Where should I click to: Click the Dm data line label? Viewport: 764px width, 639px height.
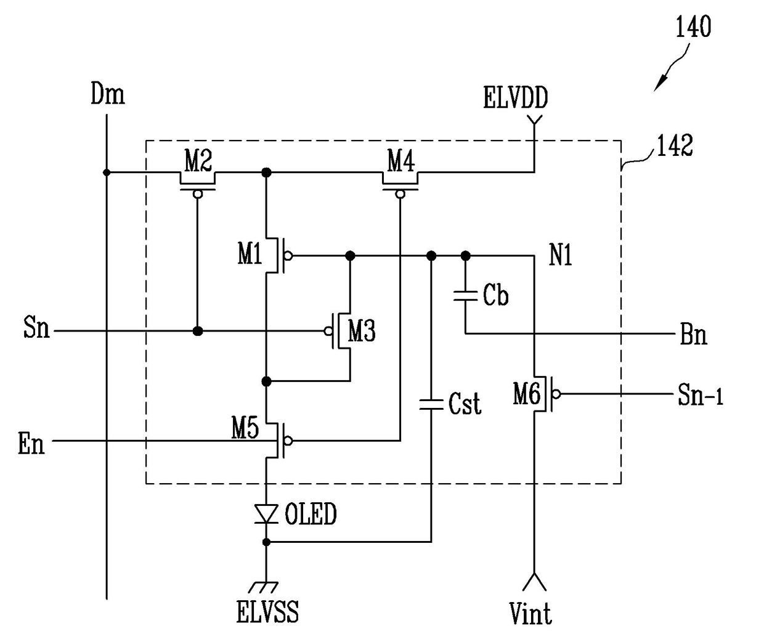[108, 94]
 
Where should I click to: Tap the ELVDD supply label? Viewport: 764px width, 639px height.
[515, 97]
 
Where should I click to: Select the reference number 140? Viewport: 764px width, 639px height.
[693, 26]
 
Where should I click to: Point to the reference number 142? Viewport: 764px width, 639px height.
[675, 145]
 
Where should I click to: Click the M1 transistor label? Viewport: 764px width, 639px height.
[250, 254]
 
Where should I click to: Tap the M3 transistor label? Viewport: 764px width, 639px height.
[362, 331]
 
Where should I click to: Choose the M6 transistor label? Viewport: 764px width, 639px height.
[527, 394]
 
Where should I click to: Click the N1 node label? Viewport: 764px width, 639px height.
[560, 255]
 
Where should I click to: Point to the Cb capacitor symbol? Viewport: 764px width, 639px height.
[465, 296]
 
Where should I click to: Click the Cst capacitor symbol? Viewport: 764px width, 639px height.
[431, 404]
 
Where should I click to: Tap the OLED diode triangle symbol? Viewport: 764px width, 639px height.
[266, 514]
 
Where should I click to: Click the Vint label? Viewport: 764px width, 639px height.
[530, 614]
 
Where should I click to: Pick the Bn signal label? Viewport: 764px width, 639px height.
[693, 335]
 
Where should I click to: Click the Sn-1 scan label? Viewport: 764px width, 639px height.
[701, 395]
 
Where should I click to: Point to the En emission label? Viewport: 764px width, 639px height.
[31, 444]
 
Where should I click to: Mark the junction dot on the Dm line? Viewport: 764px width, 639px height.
[107, 172]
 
